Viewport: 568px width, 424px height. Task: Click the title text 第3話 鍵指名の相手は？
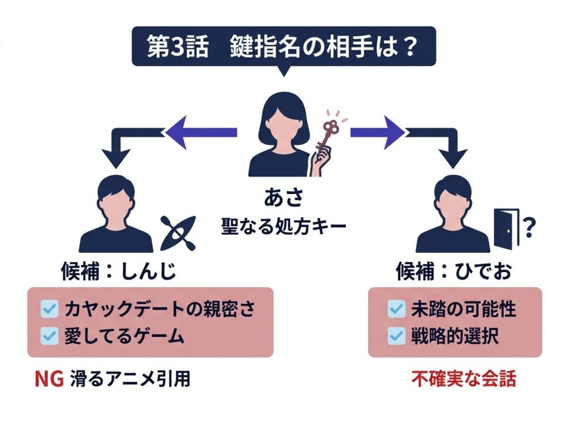tap(283, 47)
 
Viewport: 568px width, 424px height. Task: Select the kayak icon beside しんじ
tap(176, 233)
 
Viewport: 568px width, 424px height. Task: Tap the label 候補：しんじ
tap(118, 271)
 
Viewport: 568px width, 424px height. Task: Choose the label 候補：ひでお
tap(453, 271)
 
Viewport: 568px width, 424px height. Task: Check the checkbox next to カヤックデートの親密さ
tap(50, 309)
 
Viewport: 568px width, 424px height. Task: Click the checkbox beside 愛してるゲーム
tap(50, 335)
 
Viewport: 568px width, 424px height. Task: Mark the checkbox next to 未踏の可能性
tap(397, 309)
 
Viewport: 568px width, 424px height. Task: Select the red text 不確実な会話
tap(464, 379)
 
